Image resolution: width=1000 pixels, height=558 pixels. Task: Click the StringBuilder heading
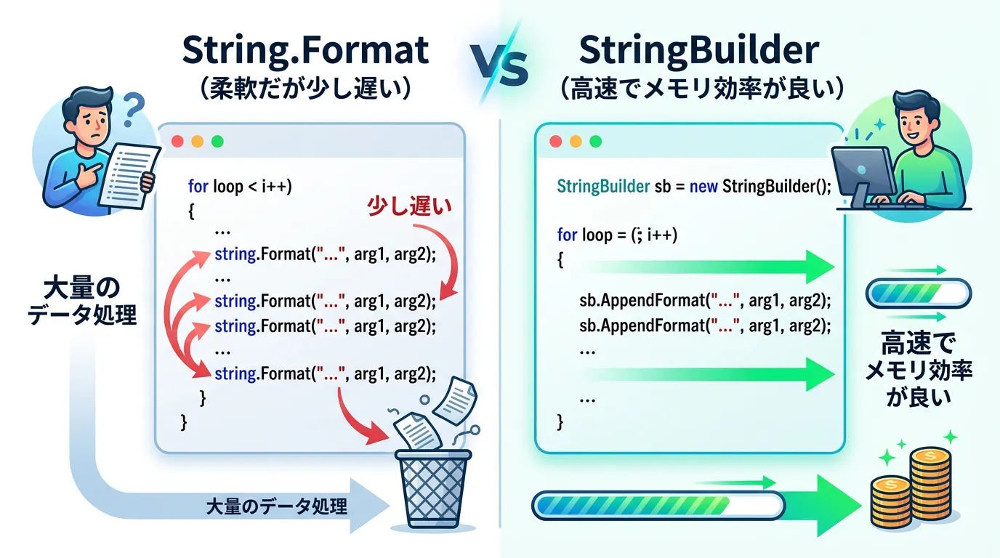tap(699, 50)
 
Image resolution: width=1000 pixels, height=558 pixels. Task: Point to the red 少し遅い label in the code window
tap(409, 206)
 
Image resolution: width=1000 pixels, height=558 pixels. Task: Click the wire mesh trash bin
tap(432, 489)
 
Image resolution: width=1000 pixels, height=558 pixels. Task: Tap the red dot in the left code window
tap(177, 142)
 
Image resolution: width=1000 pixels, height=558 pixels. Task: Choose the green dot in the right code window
tap(595, 142)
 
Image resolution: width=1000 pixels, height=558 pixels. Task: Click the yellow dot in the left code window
tap(198, 142)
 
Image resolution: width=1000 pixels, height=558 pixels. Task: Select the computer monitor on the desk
tap(863, 172)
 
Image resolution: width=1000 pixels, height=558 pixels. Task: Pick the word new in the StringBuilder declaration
tap(703, 187)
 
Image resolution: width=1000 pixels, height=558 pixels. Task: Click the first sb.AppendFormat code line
tap(705, 301)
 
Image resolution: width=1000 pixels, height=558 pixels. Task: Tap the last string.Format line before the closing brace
tap(325, 373)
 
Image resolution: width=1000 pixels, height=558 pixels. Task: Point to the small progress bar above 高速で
tap(919, 293)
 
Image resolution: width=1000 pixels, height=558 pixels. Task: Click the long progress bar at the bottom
tap(658, 506)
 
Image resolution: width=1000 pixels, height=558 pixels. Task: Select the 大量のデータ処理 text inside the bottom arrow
tap(276, 507)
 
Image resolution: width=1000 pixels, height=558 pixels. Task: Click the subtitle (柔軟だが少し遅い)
tap(305, 89)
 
